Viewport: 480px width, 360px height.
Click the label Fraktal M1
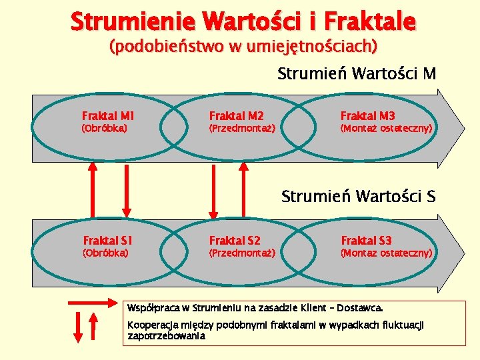point(108,116)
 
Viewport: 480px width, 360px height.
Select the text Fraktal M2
point(237,116)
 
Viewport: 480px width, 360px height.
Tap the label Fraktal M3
point(368,116)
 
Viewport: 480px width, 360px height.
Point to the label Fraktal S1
point(108,241)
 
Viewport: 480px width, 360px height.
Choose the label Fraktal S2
point(235,241)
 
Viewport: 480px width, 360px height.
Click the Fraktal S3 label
point(367,241)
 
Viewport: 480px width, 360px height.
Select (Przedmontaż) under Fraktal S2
point(243,253)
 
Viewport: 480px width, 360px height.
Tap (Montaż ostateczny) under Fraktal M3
point(387,128)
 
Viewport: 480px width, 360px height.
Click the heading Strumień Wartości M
point(357,74)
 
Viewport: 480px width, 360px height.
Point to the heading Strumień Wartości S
point(358,197)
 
